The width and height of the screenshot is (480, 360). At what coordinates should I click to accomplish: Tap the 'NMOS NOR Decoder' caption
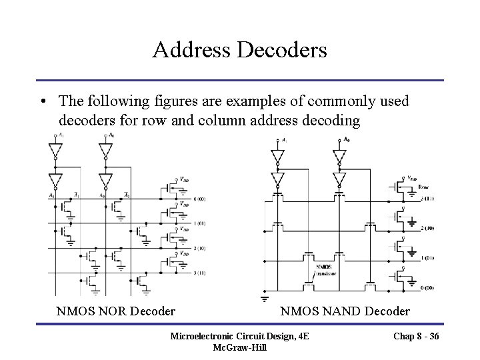point(116,311)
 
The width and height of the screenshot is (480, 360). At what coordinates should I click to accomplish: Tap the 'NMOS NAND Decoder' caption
point(345,311)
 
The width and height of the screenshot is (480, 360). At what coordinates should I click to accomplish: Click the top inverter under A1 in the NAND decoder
point(277,158)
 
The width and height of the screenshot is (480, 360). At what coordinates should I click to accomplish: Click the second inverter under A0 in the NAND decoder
point(339,179)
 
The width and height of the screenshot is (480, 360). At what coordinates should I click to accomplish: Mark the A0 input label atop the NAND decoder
point(345,140)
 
